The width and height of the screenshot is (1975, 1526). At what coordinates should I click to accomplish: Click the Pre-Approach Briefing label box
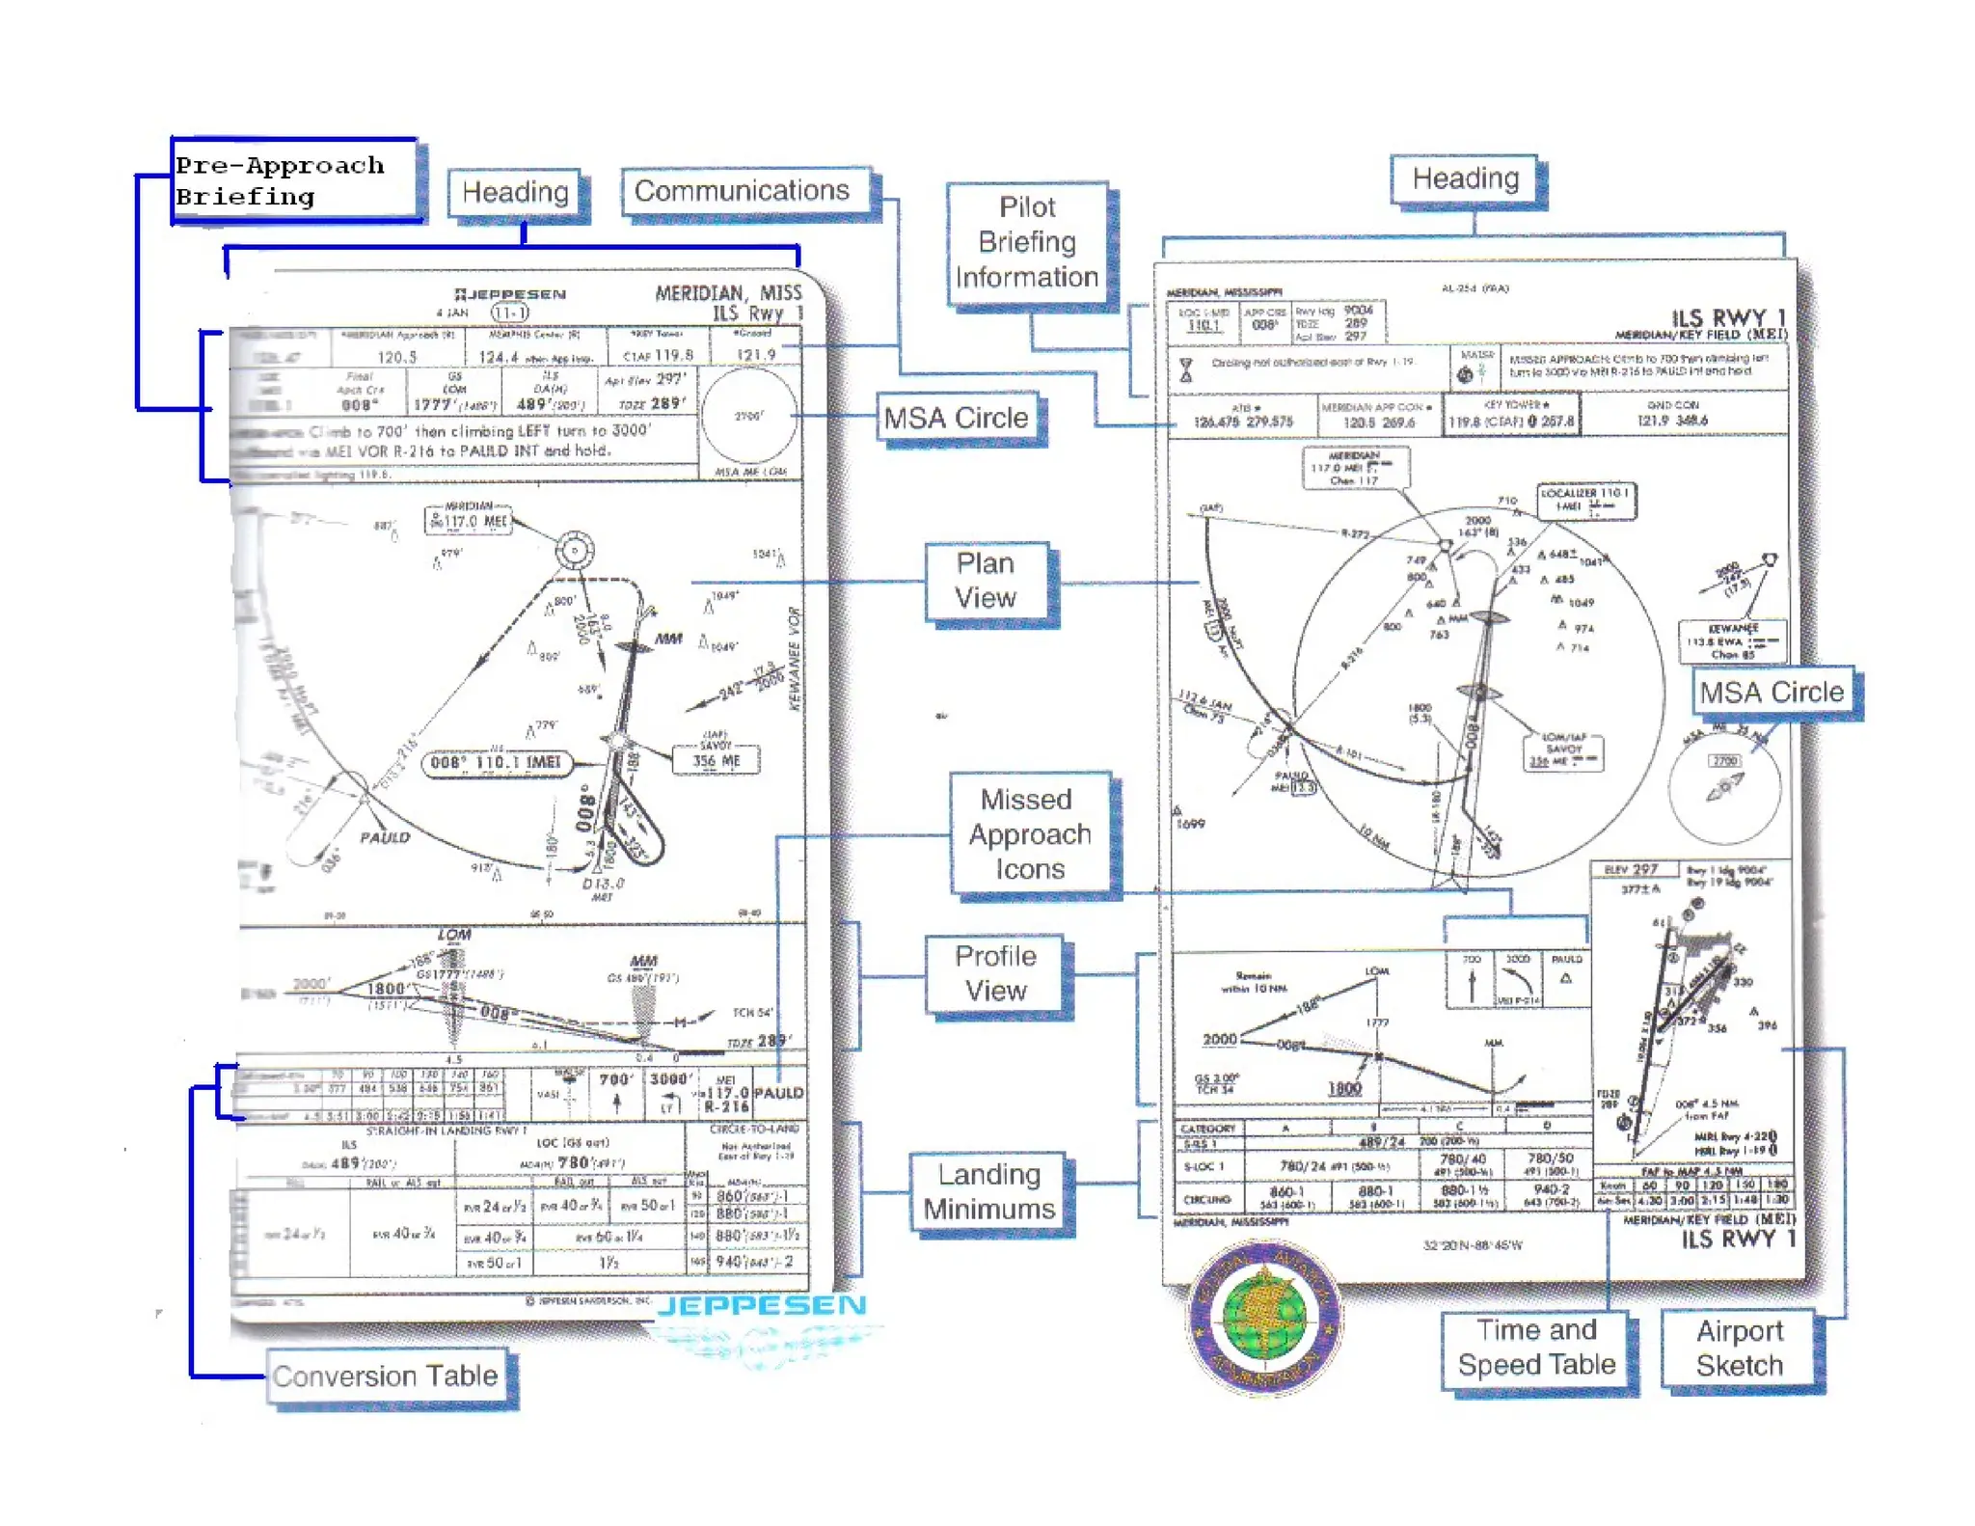coord(294,180)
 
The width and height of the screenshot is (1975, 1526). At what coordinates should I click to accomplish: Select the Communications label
coord(742,191)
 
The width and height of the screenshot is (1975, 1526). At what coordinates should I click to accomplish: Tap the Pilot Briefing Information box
coord(1027,242)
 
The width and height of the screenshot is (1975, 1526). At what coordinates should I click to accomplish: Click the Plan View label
coord(986,581)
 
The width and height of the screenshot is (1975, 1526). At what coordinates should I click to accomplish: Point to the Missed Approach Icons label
coord(1029,834)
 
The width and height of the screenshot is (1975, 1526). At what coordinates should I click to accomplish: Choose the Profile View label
coord(995,973)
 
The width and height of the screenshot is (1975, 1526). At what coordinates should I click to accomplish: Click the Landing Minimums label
coord(989,1191)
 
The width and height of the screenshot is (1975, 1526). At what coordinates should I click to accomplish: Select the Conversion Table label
coord(385,1376)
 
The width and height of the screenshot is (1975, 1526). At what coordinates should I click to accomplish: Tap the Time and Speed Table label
coord(1536,1348)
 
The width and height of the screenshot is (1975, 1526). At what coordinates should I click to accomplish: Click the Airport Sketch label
coord(1740,1349)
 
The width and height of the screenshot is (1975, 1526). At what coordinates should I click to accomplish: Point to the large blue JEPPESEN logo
coord(762,1306)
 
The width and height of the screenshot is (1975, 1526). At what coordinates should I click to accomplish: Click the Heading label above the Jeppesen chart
coord(515,192)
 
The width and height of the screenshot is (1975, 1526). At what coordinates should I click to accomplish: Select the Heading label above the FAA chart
coord(1466,178)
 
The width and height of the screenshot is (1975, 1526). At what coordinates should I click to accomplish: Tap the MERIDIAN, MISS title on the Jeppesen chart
coord(728,293)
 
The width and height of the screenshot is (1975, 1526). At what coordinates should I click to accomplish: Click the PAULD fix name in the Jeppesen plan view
coord(385,837)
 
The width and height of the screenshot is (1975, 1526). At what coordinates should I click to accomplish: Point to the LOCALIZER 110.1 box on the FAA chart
coord(1586,500)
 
